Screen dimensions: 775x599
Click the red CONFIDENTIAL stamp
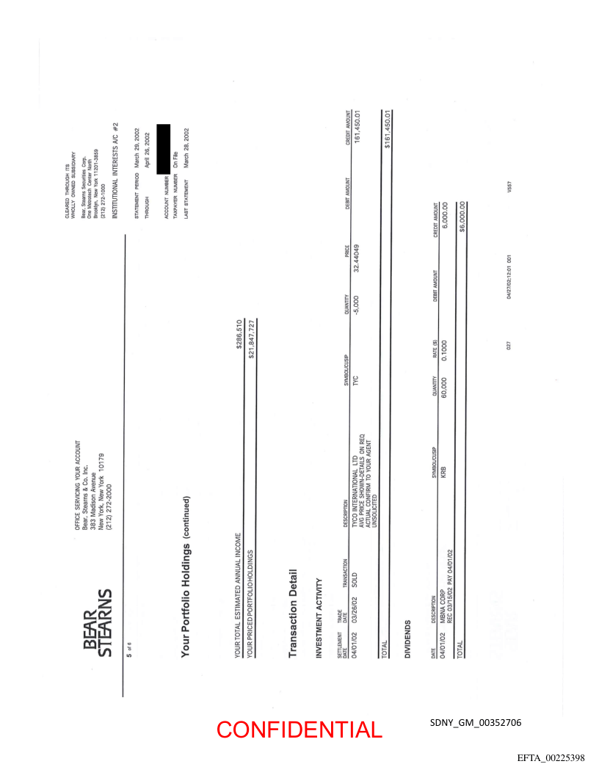pos(299,729)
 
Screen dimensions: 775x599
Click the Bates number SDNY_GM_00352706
pos(476,723)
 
